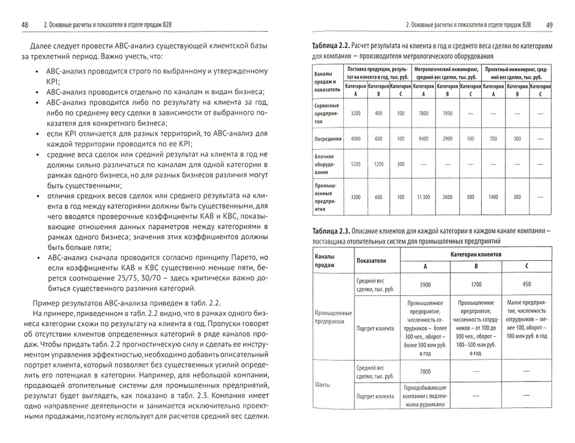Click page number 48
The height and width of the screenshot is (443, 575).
(25, 25)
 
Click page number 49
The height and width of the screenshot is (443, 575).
(549, 25)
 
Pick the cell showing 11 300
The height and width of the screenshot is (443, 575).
(423, 197)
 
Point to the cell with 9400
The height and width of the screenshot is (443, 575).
(423, 138)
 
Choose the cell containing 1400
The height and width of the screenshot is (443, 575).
(493, 197)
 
